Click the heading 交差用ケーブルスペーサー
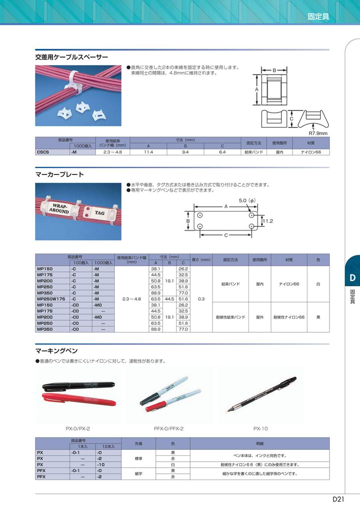[x=72, y=57]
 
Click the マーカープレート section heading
[x=60, y=174]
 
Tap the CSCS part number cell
[x=43, y=152]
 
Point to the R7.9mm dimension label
[x=318, y=133]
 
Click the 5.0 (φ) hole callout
[x=247, y=200]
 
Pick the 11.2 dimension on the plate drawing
[x=267, y=221]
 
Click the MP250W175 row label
[x=51, y=299]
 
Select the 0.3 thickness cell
[x=201, y=299]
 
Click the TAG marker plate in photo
[x=99, y=214]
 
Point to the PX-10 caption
[x=260, y=429]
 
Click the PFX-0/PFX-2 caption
[x=168, y=429]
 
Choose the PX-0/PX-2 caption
[x=78, y=429]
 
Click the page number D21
[x=338, y=499]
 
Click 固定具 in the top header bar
[x=318, y=17]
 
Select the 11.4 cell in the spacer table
[x=148, y=152]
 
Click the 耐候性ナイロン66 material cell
[x=289, y=317]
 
